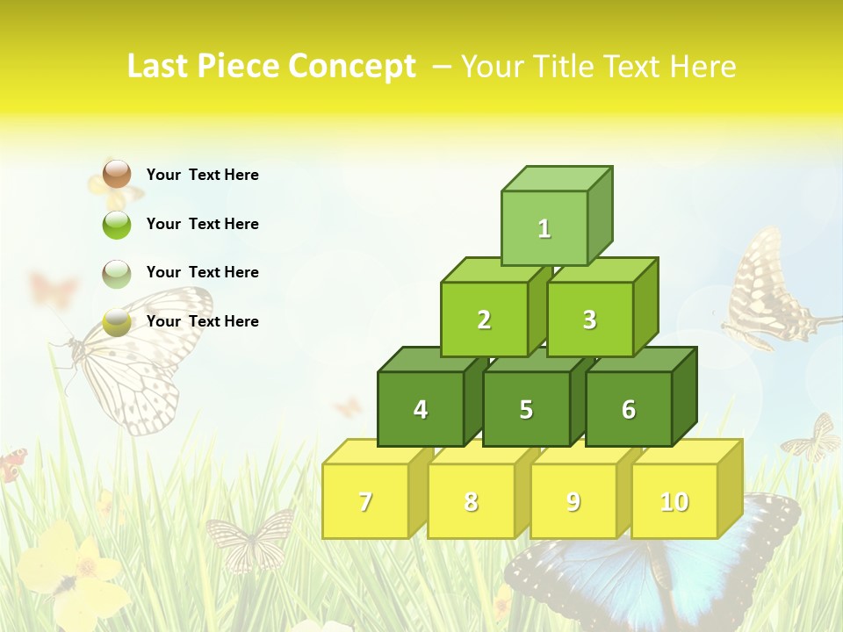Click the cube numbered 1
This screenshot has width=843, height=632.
point(544,228)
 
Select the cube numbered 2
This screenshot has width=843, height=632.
point(484,320)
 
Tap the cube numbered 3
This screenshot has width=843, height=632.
point(589,320)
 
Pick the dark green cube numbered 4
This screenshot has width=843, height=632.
point(421,409)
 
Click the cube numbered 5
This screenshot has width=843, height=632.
point(526,409)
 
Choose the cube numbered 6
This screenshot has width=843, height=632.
point(628,409)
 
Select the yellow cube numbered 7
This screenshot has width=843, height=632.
point(365,501)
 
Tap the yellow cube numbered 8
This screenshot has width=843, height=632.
point(471,501)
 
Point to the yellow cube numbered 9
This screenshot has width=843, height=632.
point(573,501)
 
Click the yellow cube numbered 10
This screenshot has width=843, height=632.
point(674,501)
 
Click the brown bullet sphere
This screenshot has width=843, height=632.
point(117,174)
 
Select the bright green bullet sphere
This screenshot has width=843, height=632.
point(117,224)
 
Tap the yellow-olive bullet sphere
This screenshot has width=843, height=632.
point(117,322)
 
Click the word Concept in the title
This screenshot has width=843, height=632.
point(352,67)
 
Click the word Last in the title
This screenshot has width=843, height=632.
point(159,67)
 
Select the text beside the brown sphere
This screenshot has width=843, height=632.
point(202,175)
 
